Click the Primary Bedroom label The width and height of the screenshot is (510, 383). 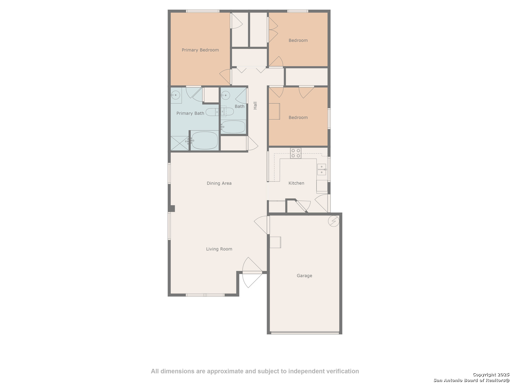[200, 50]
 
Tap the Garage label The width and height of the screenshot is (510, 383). [304, 276]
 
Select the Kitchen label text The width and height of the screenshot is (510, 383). [296, 183]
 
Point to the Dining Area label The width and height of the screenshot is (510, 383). [219, 183]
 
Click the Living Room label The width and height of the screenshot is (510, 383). [219, 249]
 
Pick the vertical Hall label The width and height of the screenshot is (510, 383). [255, 105]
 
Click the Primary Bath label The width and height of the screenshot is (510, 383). [190, 113]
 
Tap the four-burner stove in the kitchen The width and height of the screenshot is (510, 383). [295, 153]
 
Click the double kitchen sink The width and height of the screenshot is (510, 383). [322, 169]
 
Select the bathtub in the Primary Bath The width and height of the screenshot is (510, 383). [204, 140]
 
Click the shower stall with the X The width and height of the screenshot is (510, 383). [180, 143]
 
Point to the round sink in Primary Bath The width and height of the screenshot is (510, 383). [175, 95]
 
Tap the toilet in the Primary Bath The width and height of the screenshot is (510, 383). [212, 112]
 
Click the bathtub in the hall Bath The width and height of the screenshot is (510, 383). [233, 127]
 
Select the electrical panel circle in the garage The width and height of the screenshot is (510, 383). [333, 221]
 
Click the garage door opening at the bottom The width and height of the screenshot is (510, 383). [305, 333]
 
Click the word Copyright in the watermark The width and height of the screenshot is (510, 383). [484, 374]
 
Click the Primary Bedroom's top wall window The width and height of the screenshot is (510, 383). [203, 11]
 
